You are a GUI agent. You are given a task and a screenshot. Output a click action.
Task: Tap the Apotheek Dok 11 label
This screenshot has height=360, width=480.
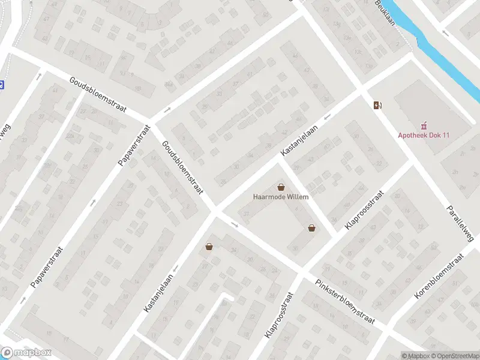424,136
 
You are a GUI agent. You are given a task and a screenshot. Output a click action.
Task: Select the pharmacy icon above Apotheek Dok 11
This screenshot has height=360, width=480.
424,125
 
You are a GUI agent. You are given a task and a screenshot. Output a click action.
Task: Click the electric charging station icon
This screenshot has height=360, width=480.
377,106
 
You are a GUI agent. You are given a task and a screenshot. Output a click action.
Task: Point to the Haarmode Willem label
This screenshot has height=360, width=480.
281,197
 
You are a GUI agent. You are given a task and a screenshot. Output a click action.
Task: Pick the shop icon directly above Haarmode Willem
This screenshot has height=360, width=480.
281,187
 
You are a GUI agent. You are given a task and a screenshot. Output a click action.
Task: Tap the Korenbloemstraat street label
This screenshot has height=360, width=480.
439,277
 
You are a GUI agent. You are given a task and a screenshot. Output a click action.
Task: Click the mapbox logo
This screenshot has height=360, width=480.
26,353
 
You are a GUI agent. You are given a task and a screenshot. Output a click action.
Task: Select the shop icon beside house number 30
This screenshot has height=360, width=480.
209,245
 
